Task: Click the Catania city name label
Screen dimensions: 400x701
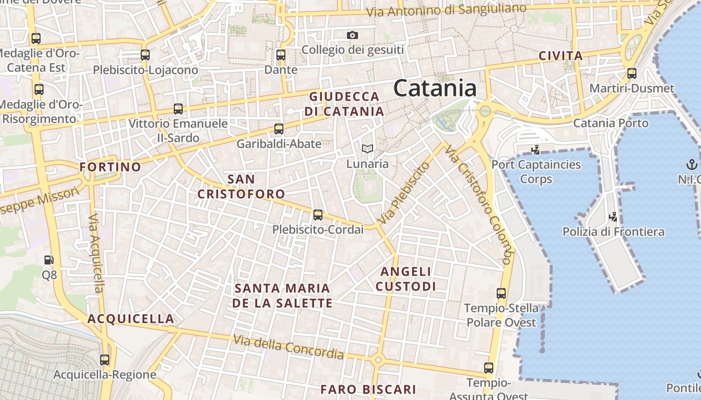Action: point(435,88)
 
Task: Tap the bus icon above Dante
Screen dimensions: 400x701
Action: point(281,55)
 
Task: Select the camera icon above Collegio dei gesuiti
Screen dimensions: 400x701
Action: point(353,35)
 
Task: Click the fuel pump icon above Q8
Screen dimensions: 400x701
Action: point(49,260)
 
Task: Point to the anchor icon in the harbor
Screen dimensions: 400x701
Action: point(691,164)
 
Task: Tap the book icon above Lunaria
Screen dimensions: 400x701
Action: point(368,148)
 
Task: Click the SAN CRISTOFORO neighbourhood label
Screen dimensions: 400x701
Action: point(241,186)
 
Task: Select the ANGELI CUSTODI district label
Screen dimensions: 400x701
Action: point(406,279)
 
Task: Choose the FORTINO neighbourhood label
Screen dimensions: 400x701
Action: point(110,167)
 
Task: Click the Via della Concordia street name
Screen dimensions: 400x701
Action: point(288,347)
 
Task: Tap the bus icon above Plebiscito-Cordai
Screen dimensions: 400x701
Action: point(318,215)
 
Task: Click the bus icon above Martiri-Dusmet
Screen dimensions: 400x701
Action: point(632,73)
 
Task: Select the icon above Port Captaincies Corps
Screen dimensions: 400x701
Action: point(536,149)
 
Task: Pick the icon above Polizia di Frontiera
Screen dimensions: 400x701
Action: point(613,217)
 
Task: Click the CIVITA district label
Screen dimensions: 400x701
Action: point(561,56)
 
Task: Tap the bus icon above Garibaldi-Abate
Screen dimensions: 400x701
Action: point(279,129)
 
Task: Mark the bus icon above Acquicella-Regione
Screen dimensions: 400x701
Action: point(105,359)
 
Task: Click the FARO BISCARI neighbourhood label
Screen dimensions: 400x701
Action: point(368,389)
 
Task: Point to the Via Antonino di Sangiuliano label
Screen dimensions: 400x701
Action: point(446,10)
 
